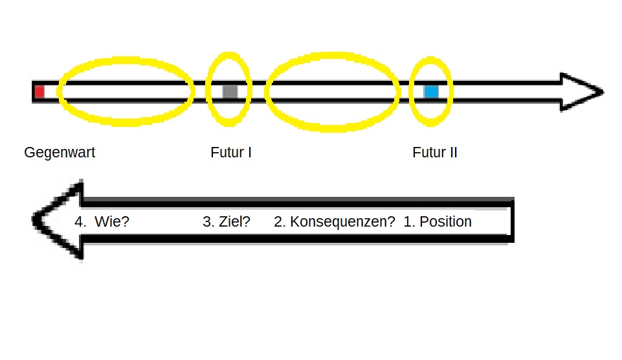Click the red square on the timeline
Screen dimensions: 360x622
(x=39, y=92)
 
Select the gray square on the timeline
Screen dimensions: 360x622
(x=230, y=91)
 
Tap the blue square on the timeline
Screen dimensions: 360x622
(x=431, y=92)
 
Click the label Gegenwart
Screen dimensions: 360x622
(x=60, y=153)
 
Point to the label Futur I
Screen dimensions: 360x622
(x=231, y=153)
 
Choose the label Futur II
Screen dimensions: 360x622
(x=435, y=153)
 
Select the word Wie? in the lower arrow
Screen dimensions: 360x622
(x=112, y=221)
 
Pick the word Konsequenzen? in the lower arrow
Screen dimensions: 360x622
(x=342, y=221)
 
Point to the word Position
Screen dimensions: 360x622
(x=445, y=221)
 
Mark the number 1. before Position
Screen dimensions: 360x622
(x=408, y=221)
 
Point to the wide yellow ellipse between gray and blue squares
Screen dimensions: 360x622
(x=333, y=60)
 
